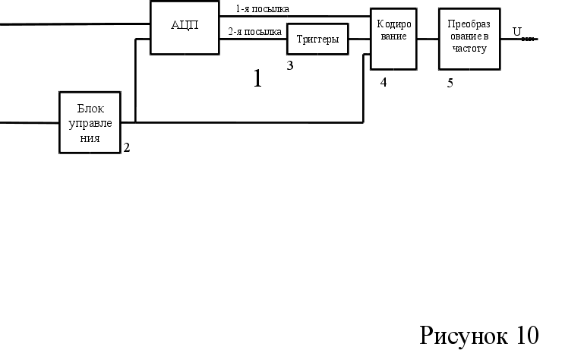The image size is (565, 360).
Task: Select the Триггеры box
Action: (317, 39)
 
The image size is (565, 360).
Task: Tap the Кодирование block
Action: (393, 38)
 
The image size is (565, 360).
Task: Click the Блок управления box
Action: (90, 122)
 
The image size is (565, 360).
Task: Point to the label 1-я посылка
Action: (262, 9)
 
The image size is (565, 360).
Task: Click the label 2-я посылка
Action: (255, 32)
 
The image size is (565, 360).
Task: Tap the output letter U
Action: (516, 32)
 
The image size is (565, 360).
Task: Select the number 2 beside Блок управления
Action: (127, 148)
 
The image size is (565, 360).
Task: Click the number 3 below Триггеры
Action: (290, 65)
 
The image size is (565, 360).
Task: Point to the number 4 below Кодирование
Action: (384, 82)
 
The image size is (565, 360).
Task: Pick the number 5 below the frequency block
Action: (450, 83)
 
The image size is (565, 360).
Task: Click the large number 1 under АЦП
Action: (257, 78)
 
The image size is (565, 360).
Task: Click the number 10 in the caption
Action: (526, 334)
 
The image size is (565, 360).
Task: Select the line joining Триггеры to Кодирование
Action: (359, 39)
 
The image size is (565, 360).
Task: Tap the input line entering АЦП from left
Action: (76, 24)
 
